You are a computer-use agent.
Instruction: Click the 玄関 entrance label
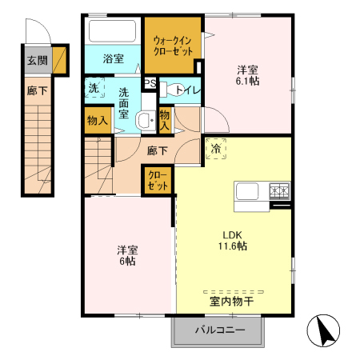pyautogui.click(x=37, y=60)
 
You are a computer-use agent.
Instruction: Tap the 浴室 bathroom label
pyautogui.click(x=113, y=58)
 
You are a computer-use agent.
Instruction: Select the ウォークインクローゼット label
pyautogui.click(x=172, y=45)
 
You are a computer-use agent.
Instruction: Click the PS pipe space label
pyautogui.click(x=150, y=82)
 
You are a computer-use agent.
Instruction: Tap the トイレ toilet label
pyautogui.click(x=186, y=90)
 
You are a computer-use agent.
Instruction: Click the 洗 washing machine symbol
pyautogui.click(x=94, y=87)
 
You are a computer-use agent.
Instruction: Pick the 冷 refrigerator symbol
pyautogui.click(x=215, y=148)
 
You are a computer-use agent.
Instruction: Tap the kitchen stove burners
pyautogui.click(x=279, y=191)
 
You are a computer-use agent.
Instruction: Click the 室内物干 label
pyautogui.click(x=231, y=301)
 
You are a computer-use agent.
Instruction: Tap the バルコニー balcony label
pyautogui.click(x=218, y=329)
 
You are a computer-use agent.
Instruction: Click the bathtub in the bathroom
pyautogui.click(x=113, y=33)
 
